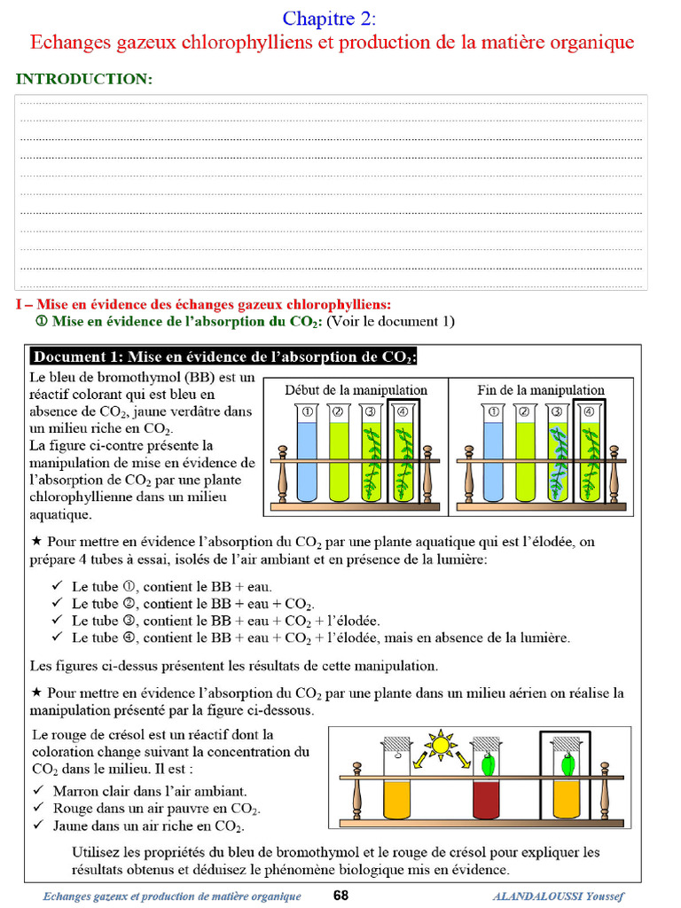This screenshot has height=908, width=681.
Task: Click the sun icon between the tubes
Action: [x=441, y=743]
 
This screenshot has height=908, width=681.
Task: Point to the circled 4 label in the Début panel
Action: [x=401, y=411]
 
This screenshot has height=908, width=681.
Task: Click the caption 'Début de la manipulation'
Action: [x=356, y=390]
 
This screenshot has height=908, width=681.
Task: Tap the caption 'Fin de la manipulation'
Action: [x=540, y=390]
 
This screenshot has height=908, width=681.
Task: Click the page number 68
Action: [x=341, y=896]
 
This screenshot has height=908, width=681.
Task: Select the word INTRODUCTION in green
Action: [x=84, y=79]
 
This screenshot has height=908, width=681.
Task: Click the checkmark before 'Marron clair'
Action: [x=38, y=790]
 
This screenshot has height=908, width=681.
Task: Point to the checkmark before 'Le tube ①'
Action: [x=58, y=586]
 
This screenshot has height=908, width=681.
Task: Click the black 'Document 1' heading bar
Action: [x=223, y=357]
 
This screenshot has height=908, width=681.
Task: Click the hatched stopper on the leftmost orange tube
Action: [x=396, y=742]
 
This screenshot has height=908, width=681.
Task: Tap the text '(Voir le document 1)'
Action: [x=390, y=321]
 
